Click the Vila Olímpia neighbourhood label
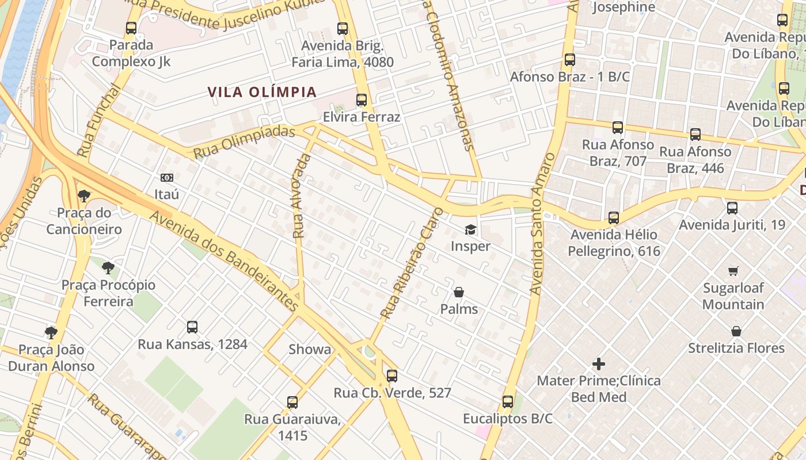(x=262, y=92)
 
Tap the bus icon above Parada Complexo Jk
(x=131, y=28)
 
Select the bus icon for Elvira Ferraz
(x=362, y=100)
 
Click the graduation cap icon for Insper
(x=470, y=230)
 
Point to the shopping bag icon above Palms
(x=459, y=293)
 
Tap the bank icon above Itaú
(x=167, y=178)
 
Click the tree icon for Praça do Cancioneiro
(x=84, y=196)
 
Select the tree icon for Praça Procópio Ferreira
(x=108, y=268)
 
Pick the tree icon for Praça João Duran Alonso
(x=51, y=332)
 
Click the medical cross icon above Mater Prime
(x=599, y=364)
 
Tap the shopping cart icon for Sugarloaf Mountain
(x=733, y=271)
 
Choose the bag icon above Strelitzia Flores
(x=736, y=331)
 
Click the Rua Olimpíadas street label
(x=244, y=143)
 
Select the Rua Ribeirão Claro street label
(x=412, y=264)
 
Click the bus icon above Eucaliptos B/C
(x=507, y=402)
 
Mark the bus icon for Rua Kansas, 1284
(x=192, y=327)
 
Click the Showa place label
(x=310, y=350)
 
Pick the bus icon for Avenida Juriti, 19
(x=732, y=208)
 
